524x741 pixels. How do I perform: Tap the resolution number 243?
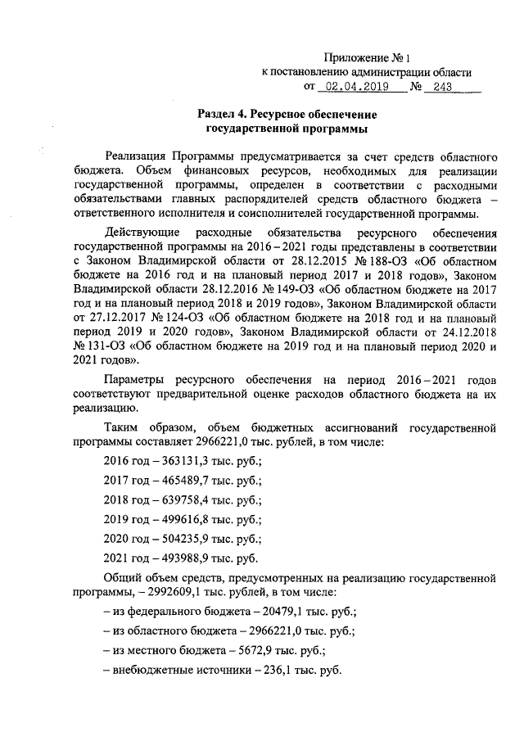(x=442, y=85)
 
